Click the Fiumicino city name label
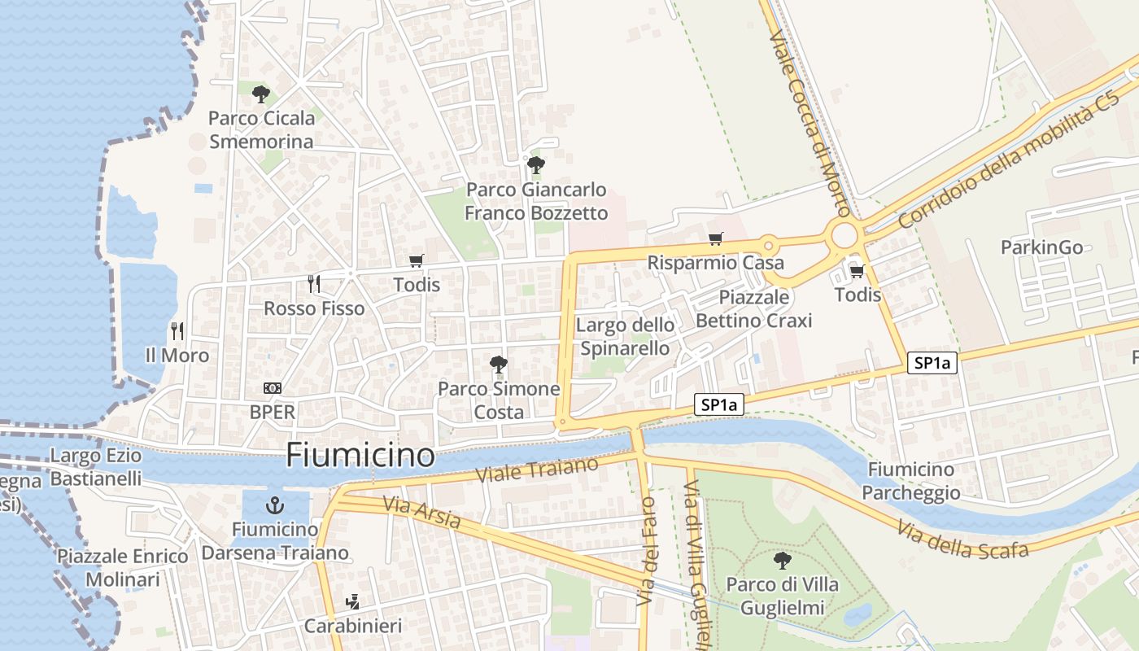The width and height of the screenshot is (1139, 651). pos(360,455)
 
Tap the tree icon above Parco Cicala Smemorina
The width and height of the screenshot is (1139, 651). pos(260,94)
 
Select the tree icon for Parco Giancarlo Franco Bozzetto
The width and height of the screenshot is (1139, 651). pos(535,165)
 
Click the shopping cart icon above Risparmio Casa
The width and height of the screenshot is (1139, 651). pos(715,238)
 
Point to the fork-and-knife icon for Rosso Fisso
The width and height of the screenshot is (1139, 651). pos(314,284)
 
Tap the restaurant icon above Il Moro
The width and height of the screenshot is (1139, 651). pos(177,330)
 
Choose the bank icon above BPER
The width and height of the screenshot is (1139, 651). pos(273,388)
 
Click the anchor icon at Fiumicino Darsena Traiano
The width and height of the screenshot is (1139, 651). pos(274,505)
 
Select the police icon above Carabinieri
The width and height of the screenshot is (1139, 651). pos(352,602)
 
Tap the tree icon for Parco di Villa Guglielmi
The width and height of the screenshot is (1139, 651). pos(782,560)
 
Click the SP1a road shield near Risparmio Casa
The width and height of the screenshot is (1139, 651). pos(719,404)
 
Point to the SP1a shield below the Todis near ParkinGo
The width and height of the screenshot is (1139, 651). pos(932,363)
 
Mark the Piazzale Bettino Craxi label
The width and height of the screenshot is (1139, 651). pos(754,308)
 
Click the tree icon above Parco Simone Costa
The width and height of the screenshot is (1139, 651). pos(499,364)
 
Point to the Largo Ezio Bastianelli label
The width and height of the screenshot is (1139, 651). pos(96,467)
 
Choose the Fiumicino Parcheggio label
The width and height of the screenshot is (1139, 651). pos(911,481)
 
